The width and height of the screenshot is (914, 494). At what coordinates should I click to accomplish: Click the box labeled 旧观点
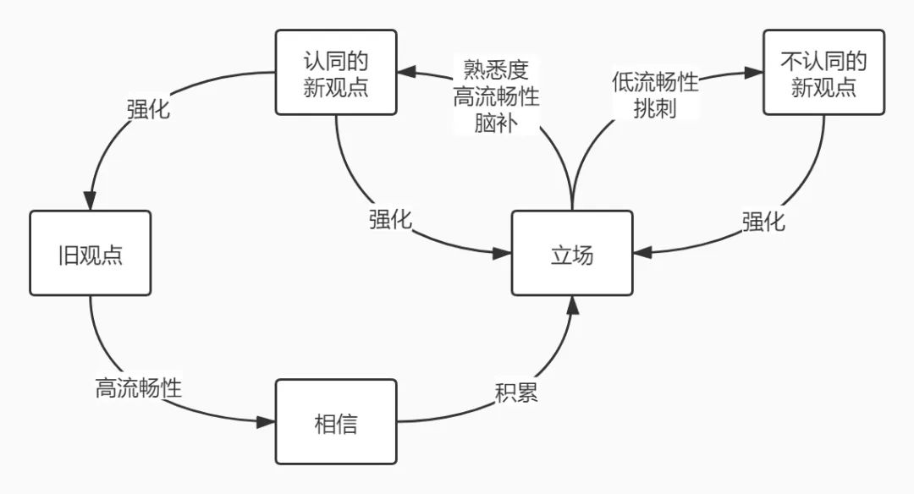91,254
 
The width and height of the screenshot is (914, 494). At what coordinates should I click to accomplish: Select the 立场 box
572,254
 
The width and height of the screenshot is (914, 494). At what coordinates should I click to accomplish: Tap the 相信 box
336,422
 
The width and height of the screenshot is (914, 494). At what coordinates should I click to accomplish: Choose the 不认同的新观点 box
823,72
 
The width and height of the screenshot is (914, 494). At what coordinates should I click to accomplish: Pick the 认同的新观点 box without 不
336,72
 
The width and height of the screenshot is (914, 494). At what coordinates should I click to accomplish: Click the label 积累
516,392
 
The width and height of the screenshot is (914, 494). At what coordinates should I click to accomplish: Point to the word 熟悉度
496,70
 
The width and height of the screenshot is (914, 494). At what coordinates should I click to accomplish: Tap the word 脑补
496,123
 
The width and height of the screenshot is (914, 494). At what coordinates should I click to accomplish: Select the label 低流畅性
655,82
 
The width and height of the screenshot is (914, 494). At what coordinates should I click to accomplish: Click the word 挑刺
655,108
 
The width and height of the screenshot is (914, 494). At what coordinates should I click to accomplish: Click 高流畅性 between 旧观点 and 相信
139,387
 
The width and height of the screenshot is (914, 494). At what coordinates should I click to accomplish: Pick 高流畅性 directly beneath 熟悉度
496,96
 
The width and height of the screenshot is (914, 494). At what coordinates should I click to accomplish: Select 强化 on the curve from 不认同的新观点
763,222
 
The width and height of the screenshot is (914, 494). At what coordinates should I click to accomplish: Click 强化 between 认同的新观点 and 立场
390,219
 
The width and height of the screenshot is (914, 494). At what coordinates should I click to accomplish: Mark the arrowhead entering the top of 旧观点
90,201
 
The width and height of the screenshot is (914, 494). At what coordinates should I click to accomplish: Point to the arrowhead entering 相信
266,421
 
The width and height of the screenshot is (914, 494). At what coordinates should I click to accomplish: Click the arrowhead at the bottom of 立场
573,305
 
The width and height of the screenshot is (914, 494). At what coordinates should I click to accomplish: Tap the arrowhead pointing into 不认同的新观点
754,72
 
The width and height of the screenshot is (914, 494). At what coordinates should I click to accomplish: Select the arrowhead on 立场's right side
642,253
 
